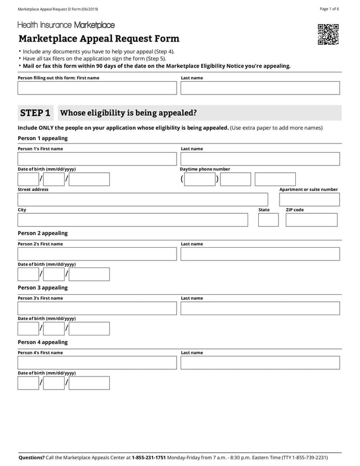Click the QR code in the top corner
click(x=328, y=34)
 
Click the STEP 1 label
click(x=35, y=113)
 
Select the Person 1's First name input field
click(x=97, y=159)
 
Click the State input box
click(x=268, y=220)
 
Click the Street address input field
click(x=143, y=200)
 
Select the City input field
click(x=133, y=220)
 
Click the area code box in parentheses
click(x=200, y=180)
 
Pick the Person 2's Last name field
click(x=260, y=254)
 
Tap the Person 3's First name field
click(x=97, y=308)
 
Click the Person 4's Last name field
click(x=260, y=363)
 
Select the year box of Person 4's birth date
click(x=89, y=383)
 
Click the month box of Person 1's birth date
click(x=28, y=180)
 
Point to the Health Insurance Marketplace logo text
click(x=66, y=25)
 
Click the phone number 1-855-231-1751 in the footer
click(x=148, y=458)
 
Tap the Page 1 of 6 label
click(x=329, y=9)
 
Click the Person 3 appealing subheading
click(x=43, y=288)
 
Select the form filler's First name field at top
click(x=97, y=88)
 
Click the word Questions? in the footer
click(x=31, y=458)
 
